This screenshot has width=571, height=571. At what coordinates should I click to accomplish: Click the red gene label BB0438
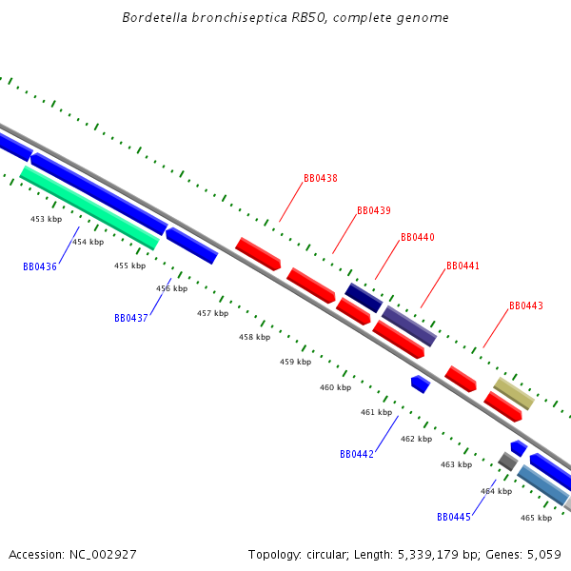point(321,179)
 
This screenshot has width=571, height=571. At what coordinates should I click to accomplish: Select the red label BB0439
point(374,210)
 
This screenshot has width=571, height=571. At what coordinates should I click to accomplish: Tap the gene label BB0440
point(418,237)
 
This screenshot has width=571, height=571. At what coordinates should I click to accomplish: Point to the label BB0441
point(463,266)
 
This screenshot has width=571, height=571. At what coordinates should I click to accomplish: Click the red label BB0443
point(526,306)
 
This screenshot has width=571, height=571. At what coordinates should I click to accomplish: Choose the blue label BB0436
point(40,266)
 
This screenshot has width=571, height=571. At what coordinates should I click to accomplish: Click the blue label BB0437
point(131,318)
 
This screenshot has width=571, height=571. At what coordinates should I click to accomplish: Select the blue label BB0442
point(357,454)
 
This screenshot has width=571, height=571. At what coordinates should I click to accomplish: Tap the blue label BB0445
point(454,517)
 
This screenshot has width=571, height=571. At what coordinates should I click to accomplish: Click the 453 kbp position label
point(46,219)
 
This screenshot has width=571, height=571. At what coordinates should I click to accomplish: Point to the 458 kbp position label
point(254,337)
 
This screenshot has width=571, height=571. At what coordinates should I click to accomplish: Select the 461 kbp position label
point(376,412)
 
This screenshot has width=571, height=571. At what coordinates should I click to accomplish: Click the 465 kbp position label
point(536,518)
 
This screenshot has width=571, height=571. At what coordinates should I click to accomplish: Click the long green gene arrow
point(89,207)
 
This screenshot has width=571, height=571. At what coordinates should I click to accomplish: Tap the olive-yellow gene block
point(513,393)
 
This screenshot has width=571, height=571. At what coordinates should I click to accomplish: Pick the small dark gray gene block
point(507,462)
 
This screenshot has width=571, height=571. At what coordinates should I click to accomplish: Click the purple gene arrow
point(409,325)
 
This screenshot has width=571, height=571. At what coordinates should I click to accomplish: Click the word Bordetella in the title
point(153,18)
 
